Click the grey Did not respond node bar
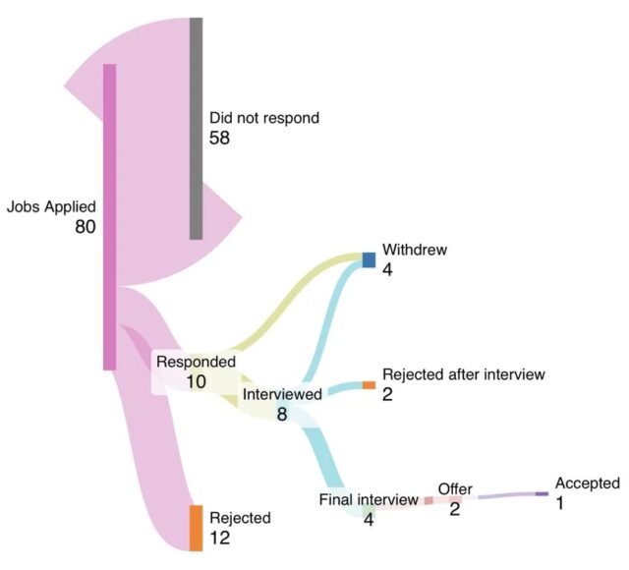click(x=197, y=128)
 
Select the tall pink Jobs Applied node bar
click(x=110, y=216)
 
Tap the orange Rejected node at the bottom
click(x=196, y=527)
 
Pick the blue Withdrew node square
click(x=370, y=259)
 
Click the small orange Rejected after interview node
click(x=369, y=385)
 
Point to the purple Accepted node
click(x=542, y=493)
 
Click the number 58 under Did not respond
click(x=219, y=139)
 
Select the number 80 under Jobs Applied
click(x=85, y=227)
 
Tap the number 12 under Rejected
click(x=220, y=538)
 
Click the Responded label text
click(x=196, y=362)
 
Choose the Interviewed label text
click(x=282, y=394)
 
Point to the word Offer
click(x=455, y=489)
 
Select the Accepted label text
click(x=587, y=483)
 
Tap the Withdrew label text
click(x=415, y=250)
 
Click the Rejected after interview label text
click(x=463, y=374)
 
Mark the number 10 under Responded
click(x=196, y=380)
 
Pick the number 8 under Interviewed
click(x=282, y=414)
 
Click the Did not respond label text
click(x=264, y=118)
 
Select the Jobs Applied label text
click(x=51, y=207)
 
